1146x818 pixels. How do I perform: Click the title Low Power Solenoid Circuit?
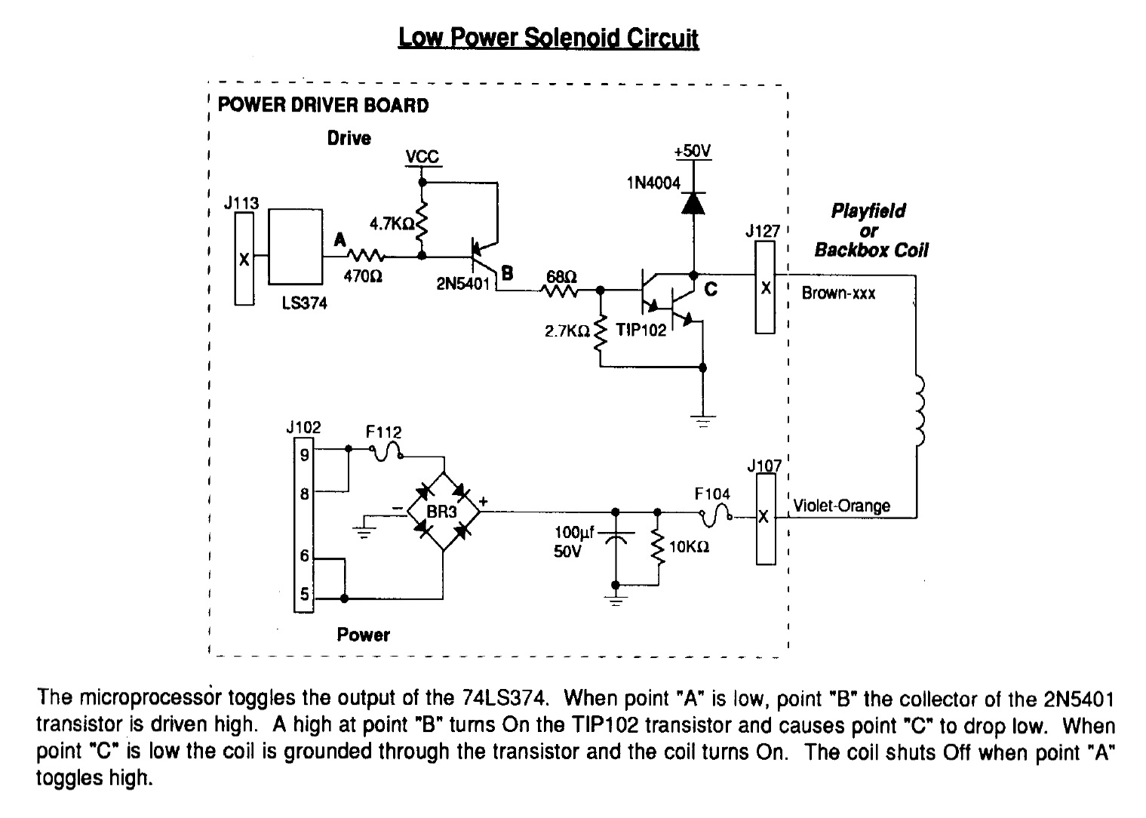(x=548, y=38)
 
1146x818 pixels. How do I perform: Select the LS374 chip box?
(x=296, y=247)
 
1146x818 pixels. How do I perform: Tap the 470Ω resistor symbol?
(x=366, y=255)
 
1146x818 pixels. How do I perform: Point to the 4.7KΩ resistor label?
(x=392, y=223)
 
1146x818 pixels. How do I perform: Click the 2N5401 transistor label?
(x=463, y=284)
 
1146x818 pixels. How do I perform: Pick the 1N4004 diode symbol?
(x=694, y=203)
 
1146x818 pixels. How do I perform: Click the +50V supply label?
(x=693, y=152)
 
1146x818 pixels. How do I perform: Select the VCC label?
(x=422, y=156)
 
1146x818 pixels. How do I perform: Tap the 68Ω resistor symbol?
(x=561, y=291)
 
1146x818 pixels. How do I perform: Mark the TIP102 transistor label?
(x=641, y=330)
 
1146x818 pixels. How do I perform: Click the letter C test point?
(x=711, y=290)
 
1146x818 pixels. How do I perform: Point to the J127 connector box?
(x=765, y=288)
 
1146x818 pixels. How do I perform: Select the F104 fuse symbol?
(x=716, y=515)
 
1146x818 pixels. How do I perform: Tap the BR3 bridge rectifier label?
(x=441, y=512)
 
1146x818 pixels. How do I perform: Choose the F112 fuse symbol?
(x=386, y=451)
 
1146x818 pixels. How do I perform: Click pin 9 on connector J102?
(x=304, y=454)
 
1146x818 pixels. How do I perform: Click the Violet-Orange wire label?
(x=842, y=506)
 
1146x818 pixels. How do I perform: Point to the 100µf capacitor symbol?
(x=616, y=536)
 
